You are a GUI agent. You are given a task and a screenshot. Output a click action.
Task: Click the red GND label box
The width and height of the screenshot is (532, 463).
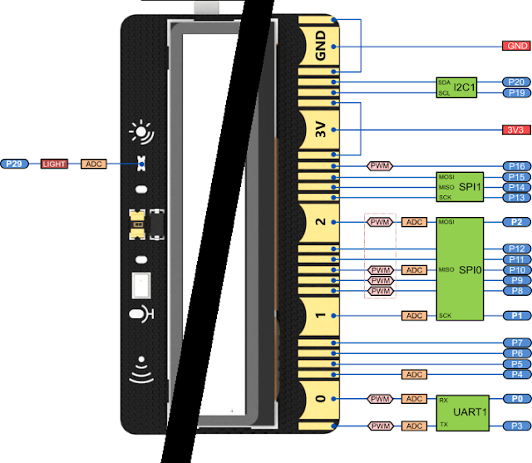(515, 45)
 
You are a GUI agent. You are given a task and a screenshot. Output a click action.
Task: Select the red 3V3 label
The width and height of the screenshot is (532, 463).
(515, 130)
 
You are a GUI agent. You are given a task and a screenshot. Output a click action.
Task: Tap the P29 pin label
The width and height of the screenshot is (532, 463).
(15, 165)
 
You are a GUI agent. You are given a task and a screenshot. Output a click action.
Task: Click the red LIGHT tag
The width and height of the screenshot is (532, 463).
(55, 165)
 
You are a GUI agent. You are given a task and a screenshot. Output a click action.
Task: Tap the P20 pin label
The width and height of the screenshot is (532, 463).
(515, 82)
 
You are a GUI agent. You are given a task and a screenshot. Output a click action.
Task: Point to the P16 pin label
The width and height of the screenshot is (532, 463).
(515, 166)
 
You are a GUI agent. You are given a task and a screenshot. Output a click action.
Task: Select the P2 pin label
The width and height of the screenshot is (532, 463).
(515, 222)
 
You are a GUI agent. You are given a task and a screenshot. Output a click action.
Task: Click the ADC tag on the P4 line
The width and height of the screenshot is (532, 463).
(413, 374)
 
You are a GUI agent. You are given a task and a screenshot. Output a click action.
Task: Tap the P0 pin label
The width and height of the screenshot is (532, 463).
(515, 399)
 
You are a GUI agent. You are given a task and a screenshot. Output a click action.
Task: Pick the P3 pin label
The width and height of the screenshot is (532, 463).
(515, 426)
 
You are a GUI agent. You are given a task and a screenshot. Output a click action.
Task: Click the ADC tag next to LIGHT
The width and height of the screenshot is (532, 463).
(95, 165)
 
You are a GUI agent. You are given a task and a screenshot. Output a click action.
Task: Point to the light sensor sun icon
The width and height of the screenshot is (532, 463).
(142, 132)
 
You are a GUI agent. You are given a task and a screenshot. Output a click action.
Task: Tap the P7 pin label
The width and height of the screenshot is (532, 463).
(515, 342)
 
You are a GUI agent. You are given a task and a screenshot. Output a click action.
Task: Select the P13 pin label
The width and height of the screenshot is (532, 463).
(515, 197)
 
